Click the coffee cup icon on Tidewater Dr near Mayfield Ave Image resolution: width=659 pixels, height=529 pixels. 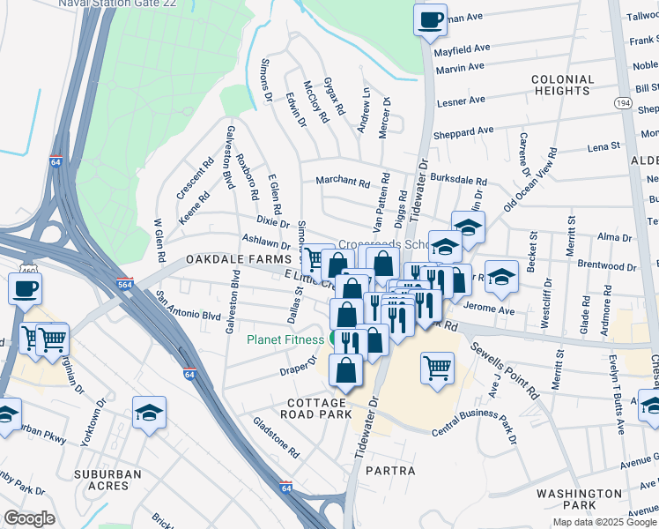[x=430, y=20]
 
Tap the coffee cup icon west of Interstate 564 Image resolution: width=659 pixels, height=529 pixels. [x=25, y=289]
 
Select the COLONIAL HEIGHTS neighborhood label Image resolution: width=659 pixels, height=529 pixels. [x=561, y=86]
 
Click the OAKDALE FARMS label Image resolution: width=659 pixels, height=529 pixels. [x=238, y=261]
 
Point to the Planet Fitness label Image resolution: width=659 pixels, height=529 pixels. [x=285, y=339]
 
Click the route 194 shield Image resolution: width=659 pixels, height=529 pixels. [x=622, y=103]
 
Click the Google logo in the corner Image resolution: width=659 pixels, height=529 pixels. [x=30, y=518]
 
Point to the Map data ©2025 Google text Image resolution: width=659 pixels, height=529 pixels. [x=605, y=522]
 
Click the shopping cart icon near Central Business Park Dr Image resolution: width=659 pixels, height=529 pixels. [x=437, y=368]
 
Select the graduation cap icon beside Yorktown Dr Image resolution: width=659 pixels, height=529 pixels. [x=149, y=412]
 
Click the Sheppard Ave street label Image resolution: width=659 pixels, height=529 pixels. [x=464, y=132]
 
